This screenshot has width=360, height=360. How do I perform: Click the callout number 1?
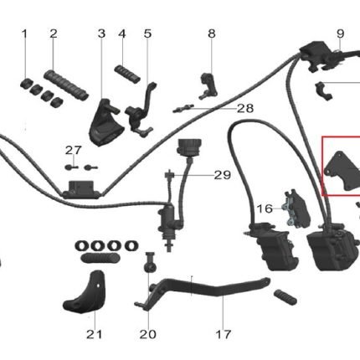[x=25, y=33]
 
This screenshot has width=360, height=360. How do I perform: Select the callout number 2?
[x=54, y=33]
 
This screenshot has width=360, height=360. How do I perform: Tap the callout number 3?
[x=101, y=33]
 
